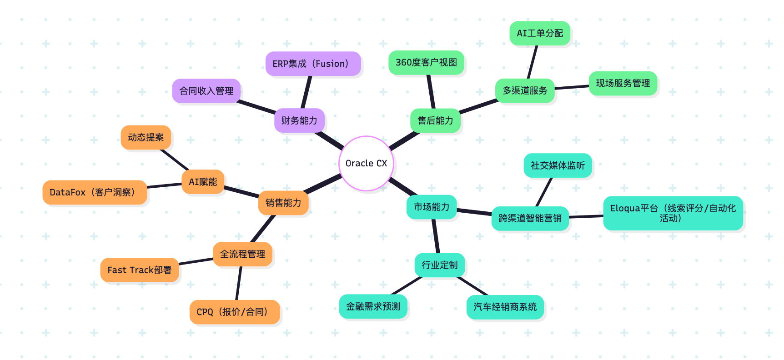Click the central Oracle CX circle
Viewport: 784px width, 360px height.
point(366,163)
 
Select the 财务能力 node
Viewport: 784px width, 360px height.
point(299,120)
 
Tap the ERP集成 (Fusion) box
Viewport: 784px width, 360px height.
point(313,64)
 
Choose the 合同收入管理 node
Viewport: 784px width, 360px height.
point(206,91)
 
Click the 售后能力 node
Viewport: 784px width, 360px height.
point(435,120)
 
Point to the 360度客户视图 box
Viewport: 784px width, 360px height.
point(426,62)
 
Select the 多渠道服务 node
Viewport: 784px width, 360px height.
point(525,90)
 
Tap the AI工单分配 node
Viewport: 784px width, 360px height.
point(540,33)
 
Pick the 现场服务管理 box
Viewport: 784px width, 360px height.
point(623,83)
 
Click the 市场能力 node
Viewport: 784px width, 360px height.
point(431,207)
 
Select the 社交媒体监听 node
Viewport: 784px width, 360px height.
point(558,165)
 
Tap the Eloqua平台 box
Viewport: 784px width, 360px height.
point(673,213)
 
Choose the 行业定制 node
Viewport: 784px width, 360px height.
point(439,265)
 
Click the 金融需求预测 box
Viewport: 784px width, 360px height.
point(373,306)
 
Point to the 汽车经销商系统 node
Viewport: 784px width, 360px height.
point(505,307)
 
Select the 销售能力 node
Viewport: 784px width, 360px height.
point(283,203)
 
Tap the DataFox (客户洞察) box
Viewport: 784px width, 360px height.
point(95,192)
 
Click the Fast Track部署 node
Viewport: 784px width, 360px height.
point(139,270)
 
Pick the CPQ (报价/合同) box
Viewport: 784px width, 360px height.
point(234,312)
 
